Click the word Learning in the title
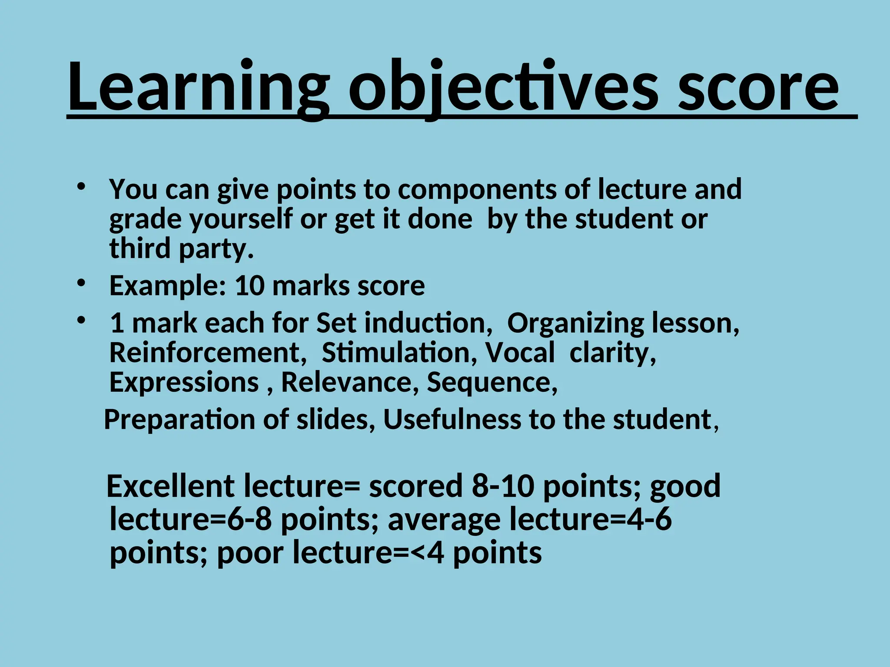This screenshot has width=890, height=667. click(198, 87)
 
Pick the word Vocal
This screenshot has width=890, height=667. click(520, 353)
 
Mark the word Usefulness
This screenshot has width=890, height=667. click(452, 419)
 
